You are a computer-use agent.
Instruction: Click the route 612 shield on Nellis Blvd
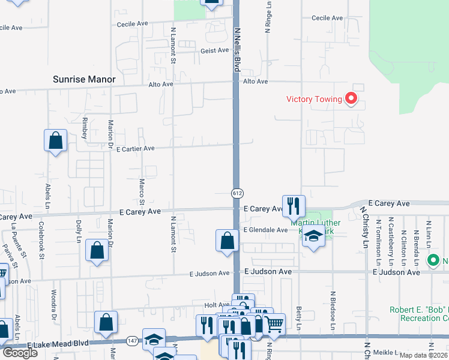point(237,193)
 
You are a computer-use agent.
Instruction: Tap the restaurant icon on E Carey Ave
point(294,205)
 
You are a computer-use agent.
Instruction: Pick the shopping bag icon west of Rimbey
point(55,141)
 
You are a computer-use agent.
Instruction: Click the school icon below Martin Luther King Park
point(313,236)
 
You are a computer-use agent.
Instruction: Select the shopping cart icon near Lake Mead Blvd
point(274,324)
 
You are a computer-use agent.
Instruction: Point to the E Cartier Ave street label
point(135,148)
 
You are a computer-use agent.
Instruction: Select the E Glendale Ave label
point(265,230)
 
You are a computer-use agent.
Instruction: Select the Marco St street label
point(142,188)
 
